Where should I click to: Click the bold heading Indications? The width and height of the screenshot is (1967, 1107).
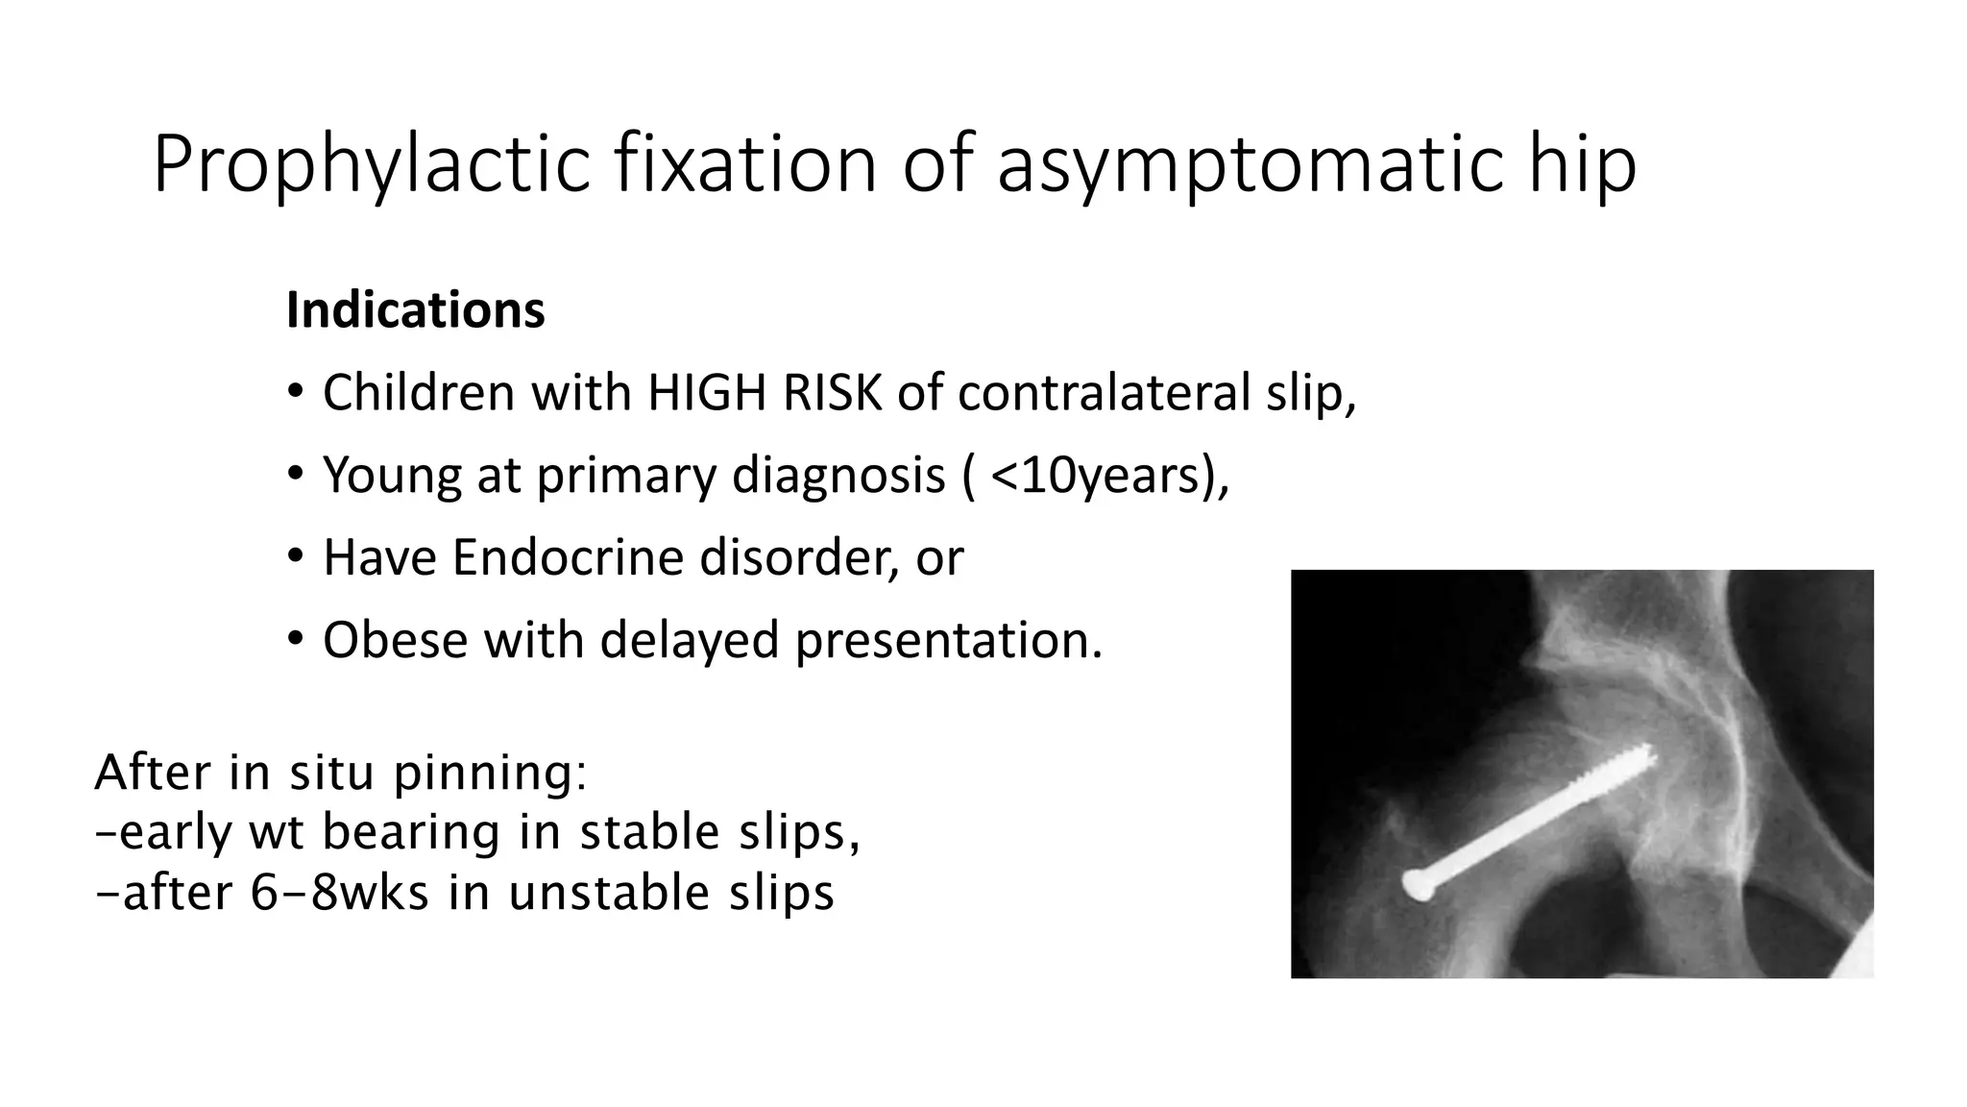415,310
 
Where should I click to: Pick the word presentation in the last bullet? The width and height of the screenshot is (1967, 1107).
948,640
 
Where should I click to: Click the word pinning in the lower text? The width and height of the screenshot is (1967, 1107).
490,773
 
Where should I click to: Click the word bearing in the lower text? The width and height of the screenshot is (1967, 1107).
410,832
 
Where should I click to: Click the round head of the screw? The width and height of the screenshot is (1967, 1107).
1419,885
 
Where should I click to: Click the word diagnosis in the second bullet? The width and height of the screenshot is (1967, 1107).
838,475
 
